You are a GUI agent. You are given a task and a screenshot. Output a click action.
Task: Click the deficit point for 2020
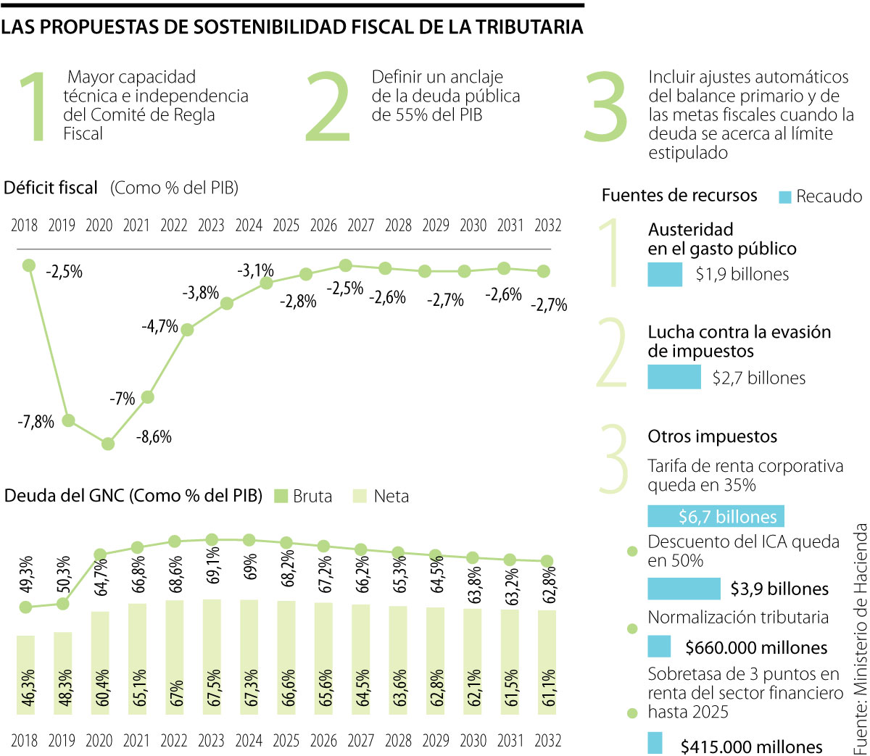point(108,444)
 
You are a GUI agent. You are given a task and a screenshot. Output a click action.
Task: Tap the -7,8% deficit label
point(36,422)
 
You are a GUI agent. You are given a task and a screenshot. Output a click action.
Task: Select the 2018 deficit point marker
point(29,266)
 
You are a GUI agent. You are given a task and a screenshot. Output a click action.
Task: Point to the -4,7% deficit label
point(159,327)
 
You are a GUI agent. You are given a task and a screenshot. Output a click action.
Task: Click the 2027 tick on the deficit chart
point(360,225)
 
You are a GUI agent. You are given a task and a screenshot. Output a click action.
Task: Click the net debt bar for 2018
point(25,674)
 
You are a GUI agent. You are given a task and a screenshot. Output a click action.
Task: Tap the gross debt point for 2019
point(63,603)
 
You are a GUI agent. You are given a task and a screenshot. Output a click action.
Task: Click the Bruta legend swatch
point(281,497)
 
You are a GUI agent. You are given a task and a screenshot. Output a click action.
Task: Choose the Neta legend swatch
point(360,497)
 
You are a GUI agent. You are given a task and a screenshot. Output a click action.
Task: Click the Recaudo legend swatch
point(784,197)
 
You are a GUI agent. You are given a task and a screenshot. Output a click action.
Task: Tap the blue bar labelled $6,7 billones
point(716,516)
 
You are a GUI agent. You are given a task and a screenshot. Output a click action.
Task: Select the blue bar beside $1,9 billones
point(665,275)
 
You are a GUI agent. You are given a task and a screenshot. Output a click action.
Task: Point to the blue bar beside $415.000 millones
point(655,743)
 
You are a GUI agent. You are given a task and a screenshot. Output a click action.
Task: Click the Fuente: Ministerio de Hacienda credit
point(860,638)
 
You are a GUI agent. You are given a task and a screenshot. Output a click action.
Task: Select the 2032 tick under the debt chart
point(547,741)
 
